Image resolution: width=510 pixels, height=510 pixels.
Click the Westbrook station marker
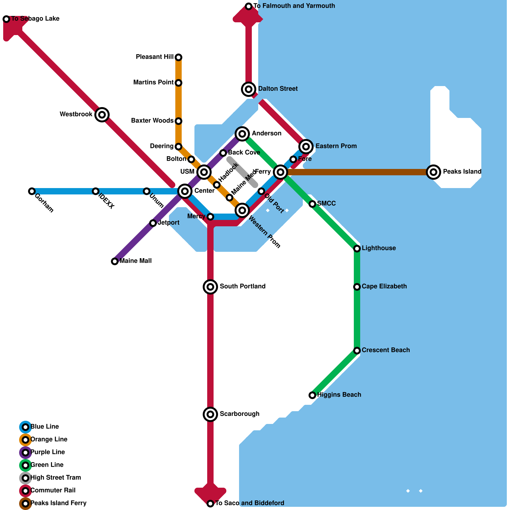point(102,114)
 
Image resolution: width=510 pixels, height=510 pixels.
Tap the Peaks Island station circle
point(433,172)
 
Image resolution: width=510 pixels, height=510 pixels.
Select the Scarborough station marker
point(210,414)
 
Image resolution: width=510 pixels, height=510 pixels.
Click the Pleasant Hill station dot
point(178,57)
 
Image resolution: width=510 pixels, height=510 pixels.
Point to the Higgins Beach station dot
point(312,395)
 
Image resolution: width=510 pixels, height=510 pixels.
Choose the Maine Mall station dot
point(115,261)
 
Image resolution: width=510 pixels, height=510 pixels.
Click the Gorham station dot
point(32,191)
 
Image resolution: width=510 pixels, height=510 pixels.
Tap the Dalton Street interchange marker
point(249,89)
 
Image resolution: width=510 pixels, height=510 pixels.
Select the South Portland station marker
point(210,287)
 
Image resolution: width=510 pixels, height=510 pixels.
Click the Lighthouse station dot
point(357,249)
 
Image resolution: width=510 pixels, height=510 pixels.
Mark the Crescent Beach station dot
point(357,351)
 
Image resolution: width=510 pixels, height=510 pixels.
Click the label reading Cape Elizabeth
point(384,286)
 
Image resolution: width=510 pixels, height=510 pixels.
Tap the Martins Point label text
point(153,83)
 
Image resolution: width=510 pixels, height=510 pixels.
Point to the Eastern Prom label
point(336,146)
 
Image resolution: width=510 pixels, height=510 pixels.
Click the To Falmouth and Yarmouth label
point(294,6)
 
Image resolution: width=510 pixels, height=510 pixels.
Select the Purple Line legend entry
point(47,452)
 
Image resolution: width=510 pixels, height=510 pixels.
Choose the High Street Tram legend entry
point(55,477)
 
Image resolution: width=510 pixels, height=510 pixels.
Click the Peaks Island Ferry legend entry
point(58,503)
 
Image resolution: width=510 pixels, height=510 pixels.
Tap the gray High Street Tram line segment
point(242,172)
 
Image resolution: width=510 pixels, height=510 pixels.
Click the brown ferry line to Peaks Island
point(357,172)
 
